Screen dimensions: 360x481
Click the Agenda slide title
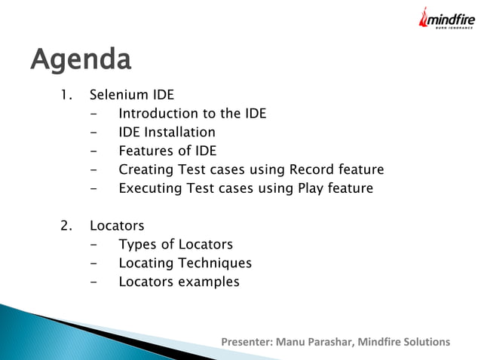click(x=81, y=59)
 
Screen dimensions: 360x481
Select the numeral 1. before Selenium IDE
click(x=67, y=95)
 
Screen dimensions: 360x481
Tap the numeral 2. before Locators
click(x=67, y=226)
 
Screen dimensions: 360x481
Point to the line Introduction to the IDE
click(x=192, y=114)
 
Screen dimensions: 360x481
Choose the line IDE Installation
click(x=167, y=133)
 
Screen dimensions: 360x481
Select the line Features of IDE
click(x=167, y=151)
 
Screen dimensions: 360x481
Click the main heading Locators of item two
click(x=117, y=226)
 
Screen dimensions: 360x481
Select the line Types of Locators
click(x=176, y=245)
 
